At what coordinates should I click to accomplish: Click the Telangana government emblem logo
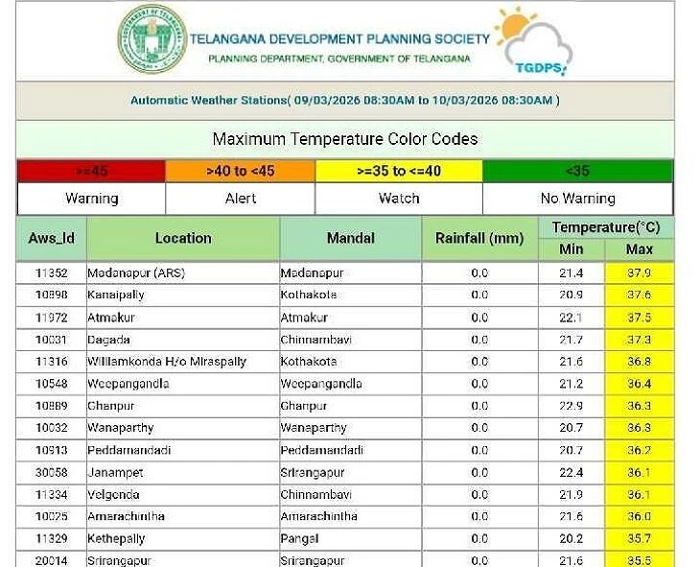click(x=152, y=39)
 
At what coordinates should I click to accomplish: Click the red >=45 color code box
click(x=91, y=171)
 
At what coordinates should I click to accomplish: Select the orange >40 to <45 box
click(x=240, y=171)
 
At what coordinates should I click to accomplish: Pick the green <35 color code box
click(x=577, y=171)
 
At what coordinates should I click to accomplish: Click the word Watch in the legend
click(x=399, y=199)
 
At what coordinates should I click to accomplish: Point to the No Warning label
click(x=577, y=199)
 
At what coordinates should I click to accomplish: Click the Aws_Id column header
click(x=52, y=238)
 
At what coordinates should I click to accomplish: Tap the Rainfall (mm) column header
click(x=479, y=238)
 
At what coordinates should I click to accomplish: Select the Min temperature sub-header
click(x=572, y=249)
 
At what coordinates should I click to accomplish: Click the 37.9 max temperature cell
click(x=639, y=273)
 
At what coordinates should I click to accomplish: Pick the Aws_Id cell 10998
click(x=52, y=295)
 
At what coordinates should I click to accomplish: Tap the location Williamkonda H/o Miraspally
click(x=167, y=362)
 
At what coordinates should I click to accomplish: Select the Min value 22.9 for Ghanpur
click(x=572, y=406)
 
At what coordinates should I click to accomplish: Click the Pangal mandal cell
click(x=300, y=538)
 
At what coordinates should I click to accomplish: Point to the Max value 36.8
click(x=639, y=362)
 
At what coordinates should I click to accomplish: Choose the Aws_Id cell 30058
click(x=52, y=472)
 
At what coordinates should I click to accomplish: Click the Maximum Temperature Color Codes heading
click(x=345, y=139)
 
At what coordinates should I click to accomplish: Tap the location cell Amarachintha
click(x=127, y=516)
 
